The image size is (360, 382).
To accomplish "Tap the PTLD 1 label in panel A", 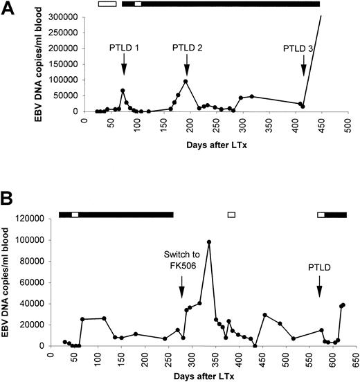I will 124,48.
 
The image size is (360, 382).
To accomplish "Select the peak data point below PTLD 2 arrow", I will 186,82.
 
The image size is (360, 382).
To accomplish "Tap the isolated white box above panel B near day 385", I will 232,215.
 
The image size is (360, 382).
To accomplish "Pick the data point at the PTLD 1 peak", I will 123,91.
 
